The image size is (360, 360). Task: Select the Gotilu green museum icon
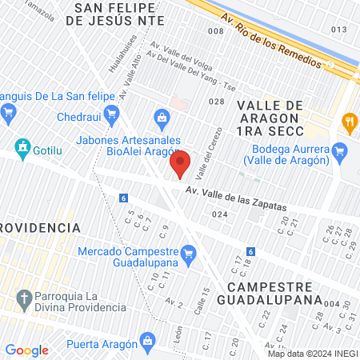(x=22, y=148)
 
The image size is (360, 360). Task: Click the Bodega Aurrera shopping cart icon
(x=340, y=149)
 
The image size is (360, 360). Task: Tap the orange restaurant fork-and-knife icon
(x=349, y=122)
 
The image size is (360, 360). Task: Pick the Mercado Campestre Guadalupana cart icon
(x=188, y=254)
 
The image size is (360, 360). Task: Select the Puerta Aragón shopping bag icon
(x=147, y=341)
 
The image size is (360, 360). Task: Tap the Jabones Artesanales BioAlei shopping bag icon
(x=162, y=119)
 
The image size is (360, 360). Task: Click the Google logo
(x=26, y=350)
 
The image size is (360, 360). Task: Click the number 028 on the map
(x=215, y=102)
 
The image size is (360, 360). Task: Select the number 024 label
(x=221, y=214)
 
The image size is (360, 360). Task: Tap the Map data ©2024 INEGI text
(x=312, y=354)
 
